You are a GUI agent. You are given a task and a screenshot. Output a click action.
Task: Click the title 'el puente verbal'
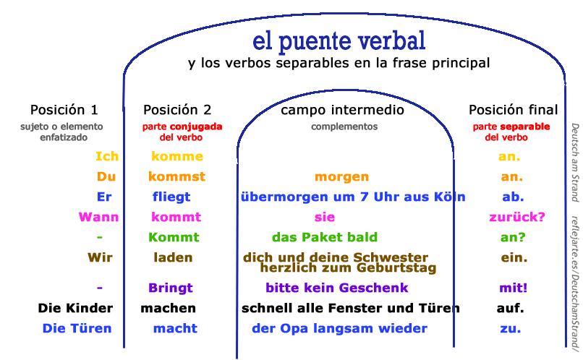(x=339, y=41)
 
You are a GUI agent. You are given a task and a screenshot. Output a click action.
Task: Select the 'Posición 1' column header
(x=64, y=110)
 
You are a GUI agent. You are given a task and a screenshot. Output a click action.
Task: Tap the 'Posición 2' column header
(x=177, y=110)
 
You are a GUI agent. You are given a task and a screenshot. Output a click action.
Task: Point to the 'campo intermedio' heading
(x=342, y=110)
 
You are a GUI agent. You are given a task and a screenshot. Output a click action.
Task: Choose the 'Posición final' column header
(x=513, y=110)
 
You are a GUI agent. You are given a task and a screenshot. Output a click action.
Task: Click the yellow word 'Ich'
(x=107, y=156)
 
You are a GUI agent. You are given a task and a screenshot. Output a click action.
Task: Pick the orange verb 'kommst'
(x=177, y=176)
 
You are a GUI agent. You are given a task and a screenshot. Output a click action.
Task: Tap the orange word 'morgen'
(x=341, y=177)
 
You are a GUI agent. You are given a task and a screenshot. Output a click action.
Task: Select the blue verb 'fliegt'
(x=171, y=197)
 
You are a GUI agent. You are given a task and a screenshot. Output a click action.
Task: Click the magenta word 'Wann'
(x=98, y=217)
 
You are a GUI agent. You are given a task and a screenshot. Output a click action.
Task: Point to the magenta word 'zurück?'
(x=517, y=217)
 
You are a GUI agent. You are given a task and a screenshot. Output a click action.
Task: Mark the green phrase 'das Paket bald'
(x=325, y=237)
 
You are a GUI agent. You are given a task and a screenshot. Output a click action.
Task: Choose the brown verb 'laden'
(x=173, y=257)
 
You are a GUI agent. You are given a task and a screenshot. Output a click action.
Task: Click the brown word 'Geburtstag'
(x=396, y=268)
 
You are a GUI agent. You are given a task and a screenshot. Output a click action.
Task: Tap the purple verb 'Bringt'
(x=171, y=288)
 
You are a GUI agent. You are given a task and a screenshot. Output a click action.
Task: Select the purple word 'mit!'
(x=513, y=288)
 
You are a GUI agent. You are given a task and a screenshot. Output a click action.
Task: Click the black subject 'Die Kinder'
(x=75, y=308)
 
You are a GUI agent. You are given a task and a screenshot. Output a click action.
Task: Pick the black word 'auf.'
(x=510, y=308)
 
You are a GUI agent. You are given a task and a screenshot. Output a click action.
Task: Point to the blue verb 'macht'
(x=175, y=328)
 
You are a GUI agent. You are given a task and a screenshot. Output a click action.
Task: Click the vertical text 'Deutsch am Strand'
(x=575, y=163)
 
